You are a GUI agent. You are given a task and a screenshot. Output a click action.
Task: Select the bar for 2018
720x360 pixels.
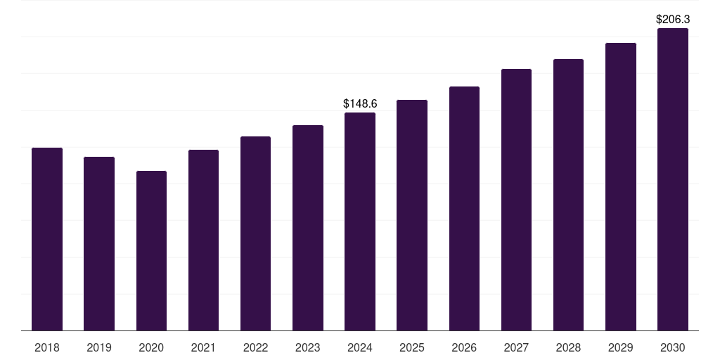[47, 239]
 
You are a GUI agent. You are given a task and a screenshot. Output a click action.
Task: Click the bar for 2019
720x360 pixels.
[99, 243]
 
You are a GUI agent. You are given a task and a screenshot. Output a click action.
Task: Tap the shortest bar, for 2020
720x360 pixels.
[151, 250]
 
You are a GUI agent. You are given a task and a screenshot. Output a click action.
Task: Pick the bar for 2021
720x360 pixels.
[203, 240]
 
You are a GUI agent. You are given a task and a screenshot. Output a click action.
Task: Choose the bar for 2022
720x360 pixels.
[255, 233]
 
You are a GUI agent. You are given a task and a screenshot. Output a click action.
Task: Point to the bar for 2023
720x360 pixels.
[308, 228]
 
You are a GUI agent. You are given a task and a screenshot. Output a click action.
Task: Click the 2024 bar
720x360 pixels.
[360, 221]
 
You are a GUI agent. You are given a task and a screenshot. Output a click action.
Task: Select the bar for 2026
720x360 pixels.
[464, 208]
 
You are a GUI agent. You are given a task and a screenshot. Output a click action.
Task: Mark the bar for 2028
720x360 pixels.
[568, 195]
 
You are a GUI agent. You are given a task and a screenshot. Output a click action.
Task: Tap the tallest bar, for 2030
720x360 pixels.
[672, 179]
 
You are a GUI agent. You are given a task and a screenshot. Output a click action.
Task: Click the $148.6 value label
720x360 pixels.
[360, 103]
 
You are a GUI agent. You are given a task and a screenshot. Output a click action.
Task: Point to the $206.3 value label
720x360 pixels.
[672, 20]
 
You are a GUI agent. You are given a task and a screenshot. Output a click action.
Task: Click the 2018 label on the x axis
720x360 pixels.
[47, 347]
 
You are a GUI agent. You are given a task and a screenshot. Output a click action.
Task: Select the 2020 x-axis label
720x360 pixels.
[151, 347]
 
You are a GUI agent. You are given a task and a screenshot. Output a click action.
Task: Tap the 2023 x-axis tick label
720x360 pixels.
[308, 347]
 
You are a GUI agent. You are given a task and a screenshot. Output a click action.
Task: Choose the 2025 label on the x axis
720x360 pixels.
[412, 347]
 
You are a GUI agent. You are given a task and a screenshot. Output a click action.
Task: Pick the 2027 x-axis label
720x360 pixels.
[516, 347]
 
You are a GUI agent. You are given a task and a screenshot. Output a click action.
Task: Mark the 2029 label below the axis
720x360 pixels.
[620, 347]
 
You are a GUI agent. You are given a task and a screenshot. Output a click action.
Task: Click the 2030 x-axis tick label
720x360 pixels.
[672, 347]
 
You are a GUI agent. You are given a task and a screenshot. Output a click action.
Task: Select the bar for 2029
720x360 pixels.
[620, 186]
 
